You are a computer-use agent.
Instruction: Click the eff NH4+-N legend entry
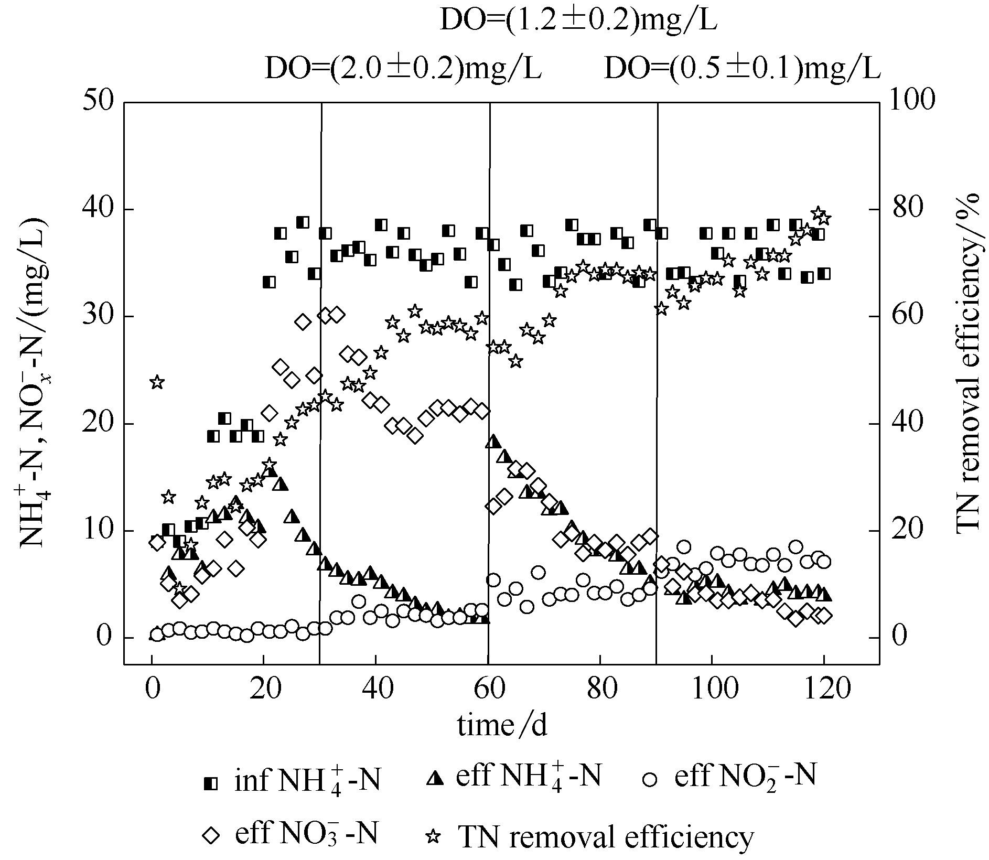pyautogui.click(x=513, y=778)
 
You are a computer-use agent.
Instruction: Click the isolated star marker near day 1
pyautogui.click(x=156, y=382)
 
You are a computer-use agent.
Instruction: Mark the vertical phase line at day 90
pyautogui.click(x=657, y=367)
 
